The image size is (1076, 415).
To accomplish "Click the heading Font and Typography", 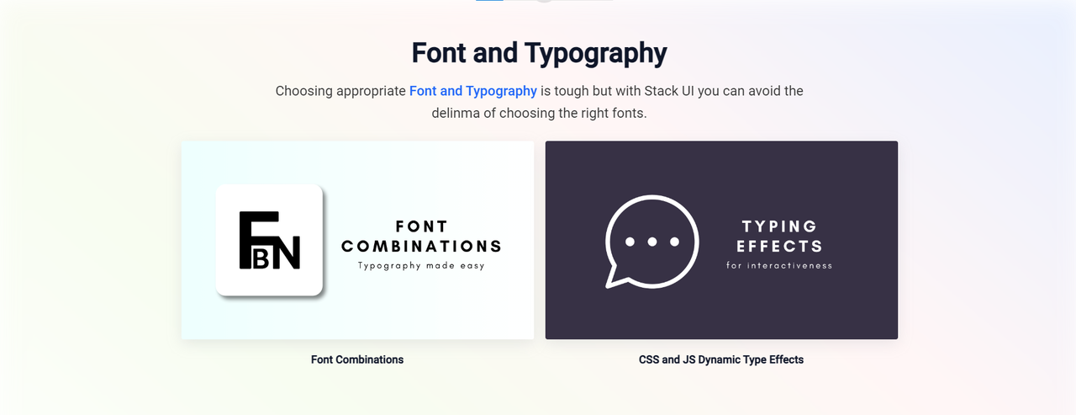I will point(539,53).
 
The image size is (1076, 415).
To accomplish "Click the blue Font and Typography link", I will point(472,91).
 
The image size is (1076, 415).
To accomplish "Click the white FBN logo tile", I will point(269,240).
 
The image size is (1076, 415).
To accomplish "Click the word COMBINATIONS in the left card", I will point(421,247).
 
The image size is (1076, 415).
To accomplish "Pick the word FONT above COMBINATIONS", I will point(421,226).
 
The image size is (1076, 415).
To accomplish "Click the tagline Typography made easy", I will point(421,266).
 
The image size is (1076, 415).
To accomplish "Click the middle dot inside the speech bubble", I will point(652,242).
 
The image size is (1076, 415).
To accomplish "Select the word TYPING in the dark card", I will point(779,226).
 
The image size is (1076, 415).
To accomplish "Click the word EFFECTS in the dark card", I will point(779,247).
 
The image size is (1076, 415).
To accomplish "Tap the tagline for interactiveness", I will point(779,266).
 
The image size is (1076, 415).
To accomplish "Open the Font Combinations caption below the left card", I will point(357,359).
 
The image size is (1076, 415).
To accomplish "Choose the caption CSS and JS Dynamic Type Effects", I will point(721,359).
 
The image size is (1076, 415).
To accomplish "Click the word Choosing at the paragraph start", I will point(304,91).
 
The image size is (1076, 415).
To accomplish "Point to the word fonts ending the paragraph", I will point(627,113).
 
